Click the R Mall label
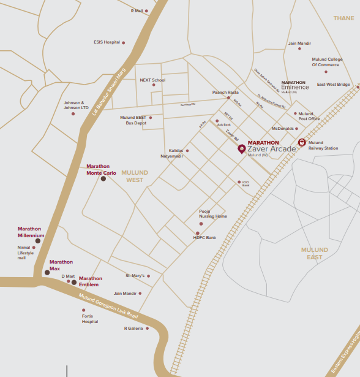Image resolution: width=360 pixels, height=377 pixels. pos(136,10)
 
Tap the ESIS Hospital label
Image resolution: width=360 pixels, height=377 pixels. pos(107,42)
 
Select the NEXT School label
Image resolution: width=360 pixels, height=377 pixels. pos(152,80)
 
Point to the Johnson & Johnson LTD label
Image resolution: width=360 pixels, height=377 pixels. pos(76,105)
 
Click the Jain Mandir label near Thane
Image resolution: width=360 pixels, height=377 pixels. pos(299,44)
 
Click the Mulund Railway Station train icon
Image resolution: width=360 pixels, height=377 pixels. pos(302,142)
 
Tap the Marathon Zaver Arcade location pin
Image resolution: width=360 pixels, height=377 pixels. pos(241,149)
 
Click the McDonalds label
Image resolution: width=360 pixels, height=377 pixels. pos(283,129)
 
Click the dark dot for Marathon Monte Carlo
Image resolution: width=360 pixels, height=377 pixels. pos(103,179)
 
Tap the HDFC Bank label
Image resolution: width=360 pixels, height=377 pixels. pos(204,237)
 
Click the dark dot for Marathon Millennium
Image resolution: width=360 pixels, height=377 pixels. pos(38,241)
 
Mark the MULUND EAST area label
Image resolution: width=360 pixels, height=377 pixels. pos(315,253)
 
